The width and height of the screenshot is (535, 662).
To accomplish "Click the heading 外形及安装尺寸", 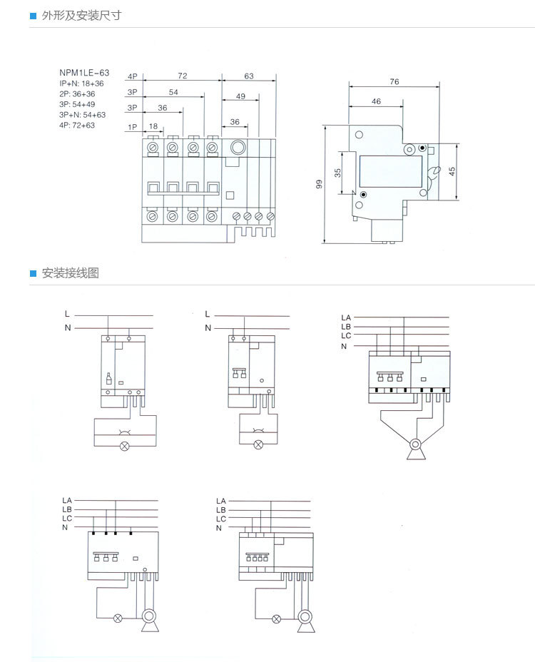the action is (x=81, y=16).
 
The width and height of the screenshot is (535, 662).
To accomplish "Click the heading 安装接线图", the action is (x=70, y=273).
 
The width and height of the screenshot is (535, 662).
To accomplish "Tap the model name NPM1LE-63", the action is (x=84, y=73).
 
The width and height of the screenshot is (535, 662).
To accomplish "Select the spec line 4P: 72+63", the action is (x=77, y=125).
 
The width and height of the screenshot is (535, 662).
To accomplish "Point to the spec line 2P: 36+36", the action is (x=77, y=93).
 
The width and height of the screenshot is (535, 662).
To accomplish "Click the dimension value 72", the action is (x=183, y=76).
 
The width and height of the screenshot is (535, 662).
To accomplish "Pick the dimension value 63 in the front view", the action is (x=249, y=76).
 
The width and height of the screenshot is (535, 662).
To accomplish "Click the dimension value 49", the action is (x=240, y=96).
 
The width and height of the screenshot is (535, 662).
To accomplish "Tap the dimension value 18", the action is (x=153, y=126).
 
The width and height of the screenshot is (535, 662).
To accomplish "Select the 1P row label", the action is (x=132, y=127).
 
